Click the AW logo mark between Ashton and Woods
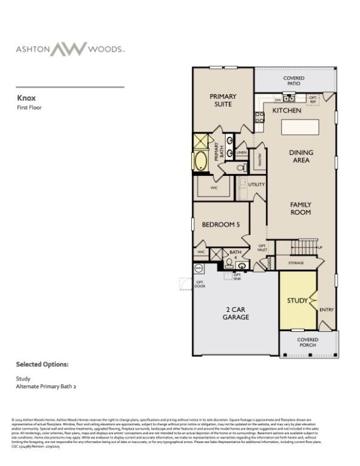pos(68,49)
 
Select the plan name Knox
pos(25,96)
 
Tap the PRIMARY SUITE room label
pos(223,100)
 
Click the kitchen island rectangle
pos(299,127)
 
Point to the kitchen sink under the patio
pos(289,98)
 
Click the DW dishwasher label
pos(277,98)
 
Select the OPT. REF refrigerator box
pos(313,98)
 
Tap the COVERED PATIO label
pos(294,81)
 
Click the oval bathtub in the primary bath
pos(201,161)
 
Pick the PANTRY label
pos(260,160)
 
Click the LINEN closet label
pos(241,152)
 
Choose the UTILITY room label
pos(256,183)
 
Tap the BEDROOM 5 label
pos(221,225)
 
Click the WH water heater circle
pos(199,267)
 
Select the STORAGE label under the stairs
pos(296,263)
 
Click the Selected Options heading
pos(42,365)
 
